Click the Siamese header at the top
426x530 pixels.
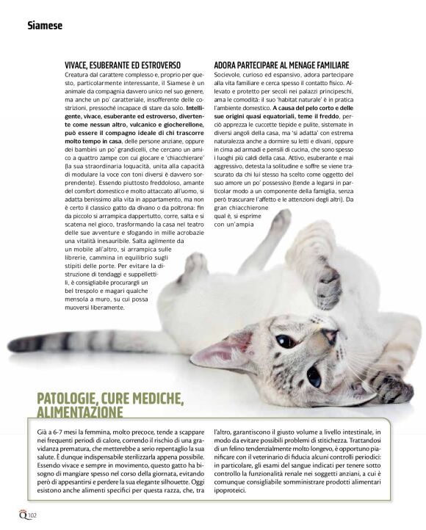pos(45,26)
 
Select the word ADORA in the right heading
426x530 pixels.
pos(228,65)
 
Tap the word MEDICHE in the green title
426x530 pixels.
pos(155,399)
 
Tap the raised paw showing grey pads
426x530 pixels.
pos(328,279)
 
